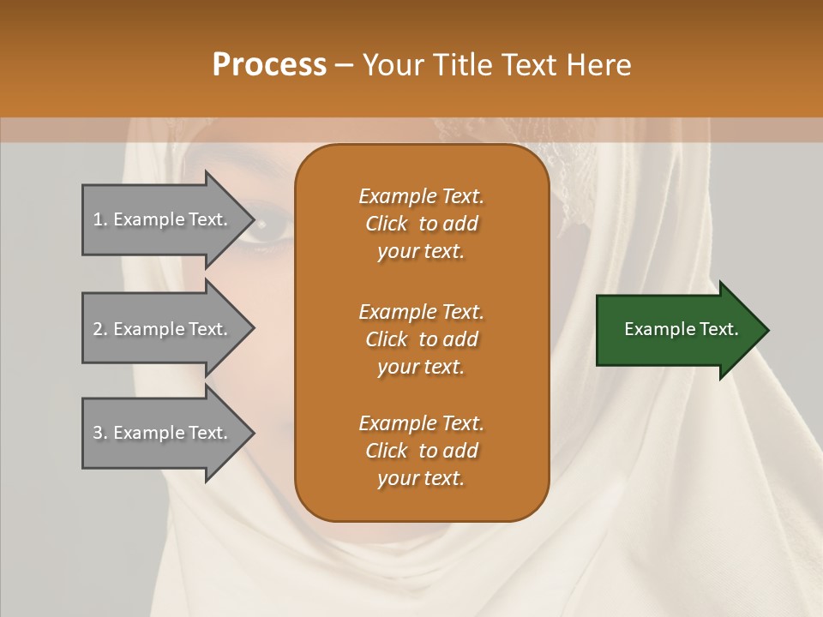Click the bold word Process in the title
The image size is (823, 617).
(x=269, y=64)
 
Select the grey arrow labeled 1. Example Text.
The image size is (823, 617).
(x=163, y=219)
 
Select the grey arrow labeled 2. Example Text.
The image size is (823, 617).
(x=163, y=329)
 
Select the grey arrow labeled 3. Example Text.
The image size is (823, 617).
(x=163, y=433)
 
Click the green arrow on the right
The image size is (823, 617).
(x=677, y=330)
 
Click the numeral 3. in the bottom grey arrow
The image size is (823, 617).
(x=100, y=433)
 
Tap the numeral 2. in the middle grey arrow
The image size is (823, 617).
(x=100, y=329)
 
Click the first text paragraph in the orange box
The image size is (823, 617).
(x=421, y=224)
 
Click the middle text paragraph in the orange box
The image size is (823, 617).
(x=421, y=339)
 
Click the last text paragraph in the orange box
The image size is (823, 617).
(x=421, y=451)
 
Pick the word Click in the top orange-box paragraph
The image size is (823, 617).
(x=387, y=224)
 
